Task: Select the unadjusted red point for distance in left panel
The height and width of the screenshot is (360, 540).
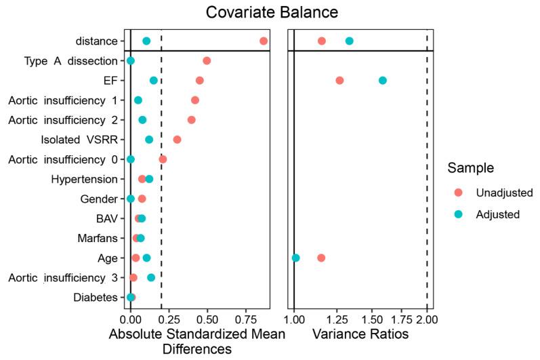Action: [264, 41]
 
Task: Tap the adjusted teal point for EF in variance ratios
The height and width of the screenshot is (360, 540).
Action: [383, 81]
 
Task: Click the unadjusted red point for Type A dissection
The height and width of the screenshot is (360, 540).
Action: [207, 61]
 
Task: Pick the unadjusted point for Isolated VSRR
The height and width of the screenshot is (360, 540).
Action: [177, 140]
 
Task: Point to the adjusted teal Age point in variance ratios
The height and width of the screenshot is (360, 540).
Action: [295, 258]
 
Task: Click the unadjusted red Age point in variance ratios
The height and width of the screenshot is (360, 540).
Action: [321, 258]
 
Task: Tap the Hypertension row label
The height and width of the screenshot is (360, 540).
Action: [84, 179]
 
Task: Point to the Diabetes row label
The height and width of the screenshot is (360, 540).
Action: [94, 298]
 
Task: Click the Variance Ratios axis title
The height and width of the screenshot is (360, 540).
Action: [360, 335]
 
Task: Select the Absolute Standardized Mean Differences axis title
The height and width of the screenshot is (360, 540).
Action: [196, 342]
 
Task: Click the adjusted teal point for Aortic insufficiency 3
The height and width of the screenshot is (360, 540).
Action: [151, 278]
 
